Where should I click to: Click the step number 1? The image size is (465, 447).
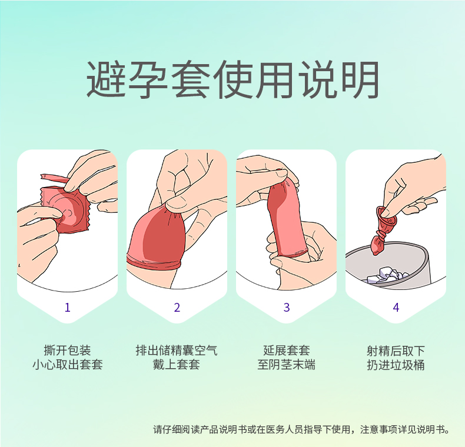pos(68,308)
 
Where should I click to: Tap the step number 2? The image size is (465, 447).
pos(177,308)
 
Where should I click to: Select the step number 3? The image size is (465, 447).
pos(287,308)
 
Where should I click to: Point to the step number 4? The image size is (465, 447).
pos(396,308)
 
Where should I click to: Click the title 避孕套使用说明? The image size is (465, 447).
pos(232,79)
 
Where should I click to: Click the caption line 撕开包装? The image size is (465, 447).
pos(67,351)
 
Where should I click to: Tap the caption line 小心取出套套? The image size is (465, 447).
pos(68,365)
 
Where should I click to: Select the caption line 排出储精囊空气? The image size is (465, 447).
pos(177,351)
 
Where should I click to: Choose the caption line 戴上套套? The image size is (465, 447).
pos(177,365)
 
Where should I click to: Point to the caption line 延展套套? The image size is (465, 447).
pos(287,351)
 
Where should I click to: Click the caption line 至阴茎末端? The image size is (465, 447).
pos(287,365)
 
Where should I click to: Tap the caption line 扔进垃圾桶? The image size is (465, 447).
pos(396,365)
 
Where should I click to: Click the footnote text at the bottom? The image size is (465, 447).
pos(301,429)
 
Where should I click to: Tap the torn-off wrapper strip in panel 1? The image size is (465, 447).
pos(54,178)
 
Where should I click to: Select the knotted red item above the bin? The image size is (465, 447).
pos(383,230)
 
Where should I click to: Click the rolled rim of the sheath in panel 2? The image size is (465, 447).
pos(154,261)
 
